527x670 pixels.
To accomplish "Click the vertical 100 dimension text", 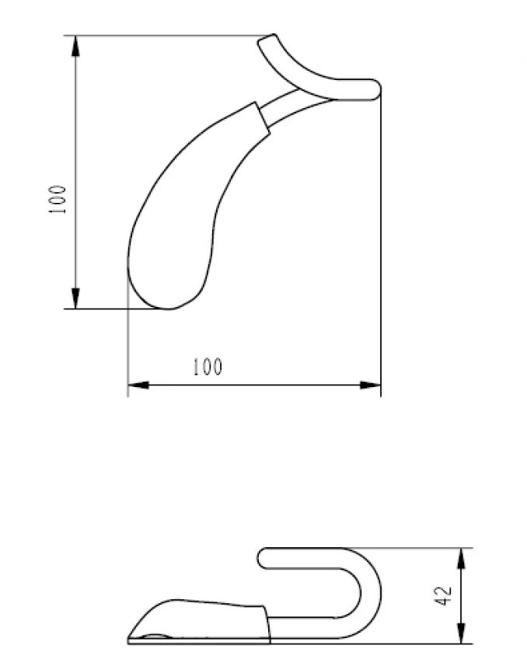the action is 58,200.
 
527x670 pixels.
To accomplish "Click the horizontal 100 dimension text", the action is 208,367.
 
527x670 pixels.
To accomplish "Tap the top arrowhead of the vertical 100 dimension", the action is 75,46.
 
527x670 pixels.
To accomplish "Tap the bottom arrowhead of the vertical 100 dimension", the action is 75,298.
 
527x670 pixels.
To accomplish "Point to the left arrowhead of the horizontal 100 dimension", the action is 138,385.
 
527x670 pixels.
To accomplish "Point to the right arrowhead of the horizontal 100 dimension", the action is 370,385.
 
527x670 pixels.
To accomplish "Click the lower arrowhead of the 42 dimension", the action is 461,633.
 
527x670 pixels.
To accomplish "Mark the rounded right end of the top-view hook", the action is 375,89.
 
